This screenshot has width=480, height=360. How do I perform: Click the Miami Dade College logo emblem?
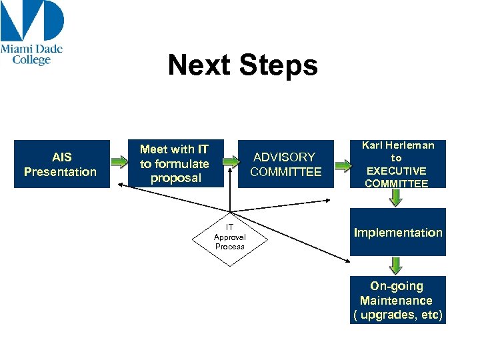tap(32, 21)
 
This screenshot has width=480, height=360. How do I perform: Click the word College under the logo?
tap(31, 60)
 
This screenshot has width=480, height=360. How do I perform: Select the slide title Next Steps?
tap(243, 65)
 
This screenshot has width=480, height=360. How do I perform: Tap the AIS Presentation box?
tap(61, 164)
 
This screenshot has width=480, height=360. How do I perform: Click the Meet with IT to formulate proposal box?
tap(175, 164)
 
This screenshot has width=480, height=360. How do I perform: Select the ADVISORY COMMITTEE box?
tap(285, 164)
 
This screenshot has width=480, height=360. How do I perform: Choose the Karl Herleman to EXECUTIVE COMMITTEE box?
tap(397, 164)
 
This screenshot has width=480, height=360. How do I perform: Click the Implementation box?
tap(398, 233)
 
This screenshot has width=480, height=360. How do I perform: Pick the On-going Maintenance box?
tap(397, 300)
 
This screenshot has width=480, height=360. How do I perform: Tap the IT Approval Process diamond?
tap(229, 237)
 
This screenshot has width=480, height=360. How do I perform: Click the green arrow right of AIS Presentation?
tap(119, 162)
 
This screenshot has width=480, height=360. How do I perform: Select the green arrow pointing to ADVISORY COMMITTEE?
tap(230, 162)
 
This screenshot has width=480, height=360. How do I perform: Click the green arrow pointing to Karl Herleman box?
tap(342, 165)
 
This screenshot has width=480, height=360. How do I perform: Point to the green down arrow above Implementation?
tap(396, 197)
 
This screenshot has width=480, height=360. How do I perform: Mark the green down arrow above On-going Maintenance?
tap(396, 265)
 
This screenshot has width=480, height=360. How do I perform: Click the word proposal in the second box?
tap(175, 178)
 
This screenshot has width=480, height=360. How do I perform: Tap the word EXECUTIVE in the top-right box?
tap(397, 171)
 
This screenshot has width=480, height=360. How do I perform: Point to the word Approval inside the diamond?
tap(229, 237)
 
